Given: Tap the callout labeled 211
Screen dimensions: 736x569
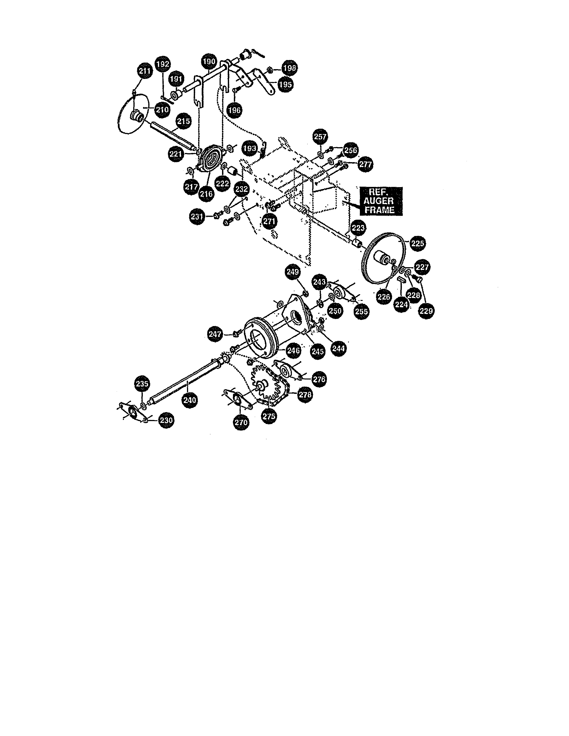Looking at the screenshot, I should click(145, 71).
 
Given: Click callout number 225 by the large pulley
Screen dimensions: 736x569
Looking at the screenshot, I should click(417, 243).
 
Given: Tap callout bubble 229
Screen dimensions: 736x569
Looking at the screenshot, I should click(426, 311).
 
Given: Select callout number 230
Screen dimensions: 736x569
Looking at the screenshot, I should click(166, 420).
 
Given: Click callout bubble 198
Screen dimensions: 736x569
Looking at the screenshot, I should click(290, 68).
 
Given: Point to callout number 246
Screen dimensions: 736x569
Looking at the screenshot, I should click(293, 350).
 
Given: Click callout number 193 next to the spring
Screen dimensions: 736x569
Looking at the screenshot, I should click(250, 149).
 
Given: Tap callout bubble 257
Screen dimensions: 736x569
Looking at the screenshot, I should click(320, 136).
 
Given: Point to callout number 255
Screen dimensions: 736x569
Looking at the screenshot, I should click(361, 311).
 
